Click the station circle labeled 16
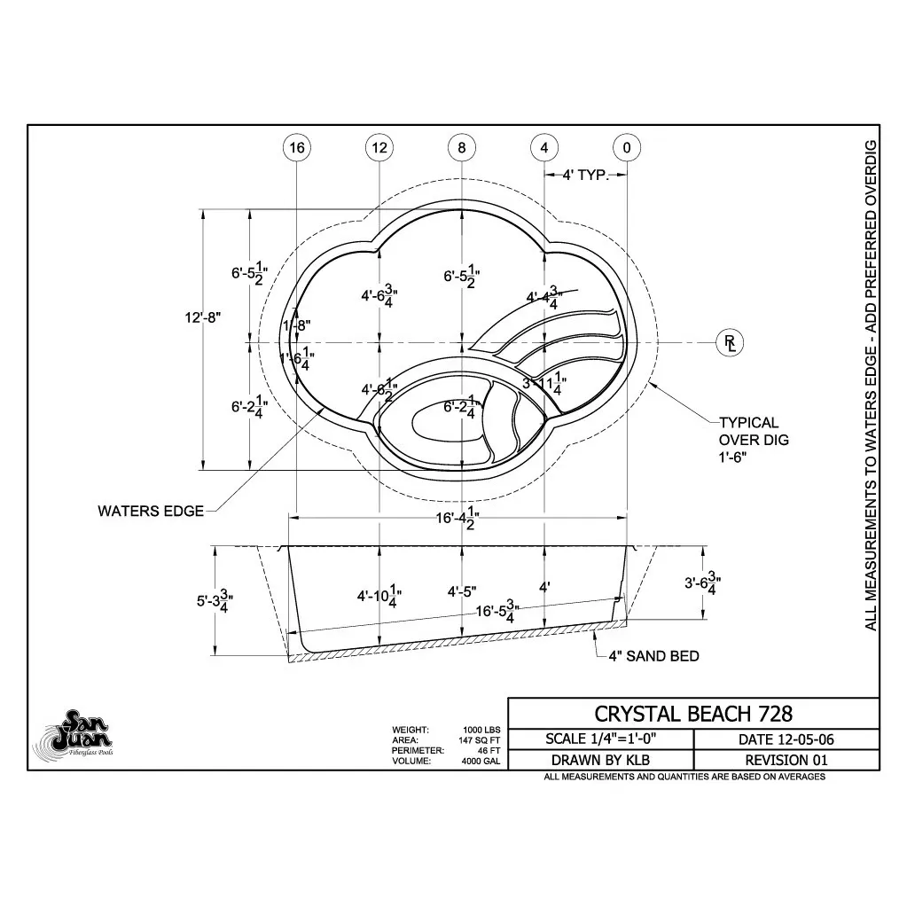pos(297,148)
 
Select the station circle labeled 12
pos(379,148)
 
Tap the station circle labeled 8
pos(462,148)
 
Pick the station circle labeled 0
pos(627,148)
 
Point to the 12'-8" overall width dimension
pos(202,317)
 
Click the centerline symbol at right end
pos(730,342)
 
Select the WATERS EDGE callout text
pos(151,511)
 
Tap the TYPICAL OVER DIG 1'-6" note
pos(753,440)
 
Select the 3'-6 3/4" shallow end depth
pos(702,584)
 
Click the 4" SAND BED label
pos(653,656)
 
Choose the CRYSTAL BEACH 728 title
pos(692,713)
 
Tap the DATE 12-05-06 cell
pos(786,739)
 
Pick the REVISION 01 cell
pos(786,760)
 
